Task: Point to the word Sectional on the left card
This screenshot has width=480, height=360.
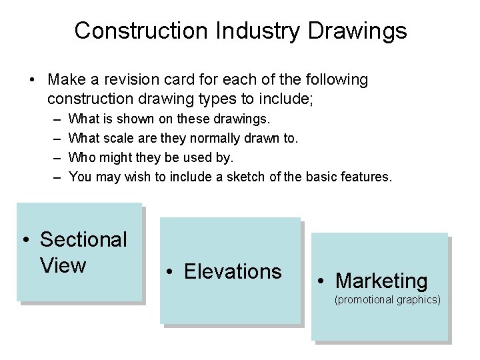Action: [83, 239]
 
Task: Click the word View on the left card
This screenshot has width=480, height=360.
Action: [63, 265]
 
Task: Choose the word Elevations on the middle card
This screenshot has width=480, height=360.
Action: [233, 272]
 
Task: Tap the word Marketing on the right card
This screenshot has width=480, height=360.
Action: [381, 281]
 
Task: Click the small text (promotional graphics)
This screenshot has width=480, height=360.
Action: [387, 300]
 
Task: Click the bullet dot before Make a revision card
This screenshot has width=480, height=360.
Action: [32, 81]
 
